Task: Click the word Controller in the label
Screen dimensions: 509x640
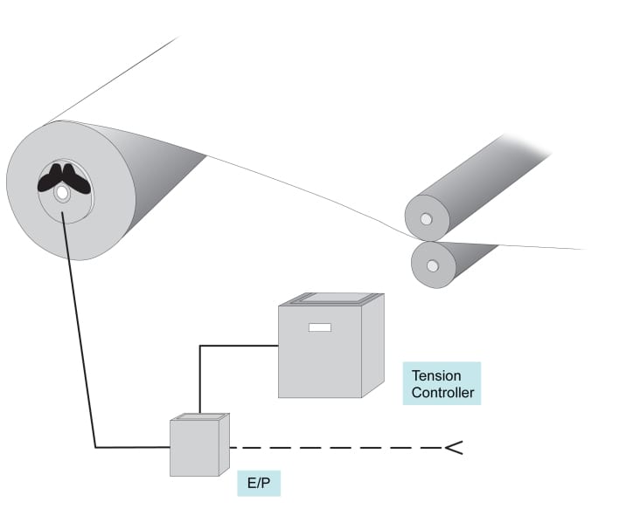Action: tap(443, 393)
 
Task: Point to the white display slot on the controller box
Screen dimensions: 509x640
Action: tap(320, 327)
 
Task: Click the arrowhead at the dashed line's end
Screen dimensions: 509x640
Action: tap(452, 449)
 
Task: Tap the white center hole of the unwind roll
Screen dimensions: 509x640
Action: tap(62, 194)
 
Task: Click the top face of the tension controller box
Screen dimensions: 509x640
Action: tap(332, 299)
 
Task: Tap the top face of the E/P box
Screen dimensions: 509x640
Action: tap(199, 418)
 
